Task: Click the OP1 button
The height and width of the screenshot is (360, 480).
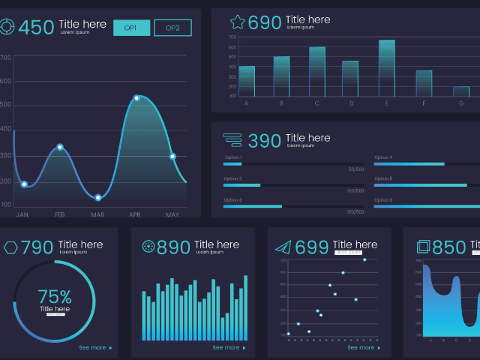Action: point(131,28)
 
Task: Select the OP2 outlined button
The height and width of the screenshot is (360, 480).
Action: point(172,28)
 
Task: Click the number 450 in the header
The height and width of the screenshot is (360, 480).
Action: point(36,28)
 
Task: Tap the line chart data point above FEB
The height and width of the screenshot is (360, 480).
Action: point(60,147)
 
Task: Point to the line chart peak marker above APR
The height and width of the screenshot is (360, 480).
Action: point(136,98)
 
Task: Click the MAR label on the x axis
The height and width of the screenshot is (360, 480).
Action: point(97,215)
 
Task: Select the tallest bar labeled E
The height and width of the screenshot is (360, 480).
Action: point(386,68)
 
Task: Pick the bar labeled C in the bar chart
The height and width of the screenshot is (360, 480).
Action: point(317,72)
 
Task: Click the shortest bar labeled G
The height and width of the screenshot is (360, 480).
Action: point(461,91)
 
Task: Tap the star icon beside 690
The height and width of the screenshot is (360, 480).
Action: point(238,22)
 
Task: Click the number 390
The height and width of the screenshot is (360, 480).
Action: point(264,141)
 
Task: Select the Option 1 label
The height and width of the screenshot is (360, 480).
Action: point(232,157)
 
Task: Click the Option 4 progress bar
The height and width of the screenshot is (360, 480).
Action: point(409,163)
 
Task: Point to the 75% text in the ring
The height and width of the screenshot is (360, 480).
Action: point(55,296)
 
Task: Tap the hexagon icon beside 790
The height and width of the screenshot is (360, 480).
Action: point(10,247)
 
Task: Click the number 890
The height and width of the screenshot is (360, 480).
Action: point(173,247)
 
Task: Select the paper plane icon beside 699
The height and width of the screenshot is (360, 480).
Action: point(282,247)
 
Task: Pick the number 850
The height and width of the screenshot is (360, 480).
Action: point(449,247)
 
